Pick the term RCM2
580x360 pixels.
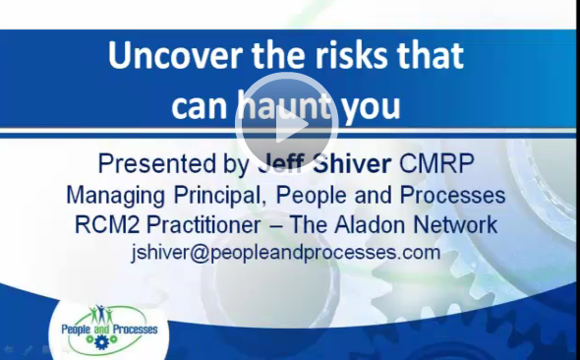tap(109, 224)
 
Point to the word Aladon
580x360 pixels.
tap(376, 224)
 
